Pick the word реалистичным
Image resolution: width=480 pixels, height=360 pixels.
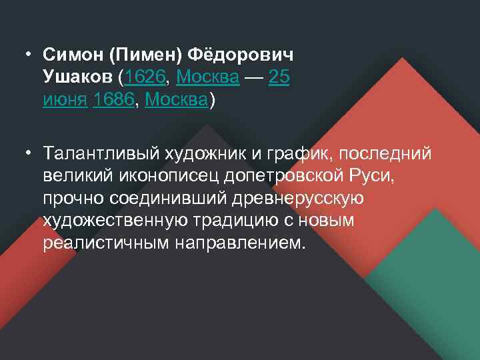click(x=106, y=243)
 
